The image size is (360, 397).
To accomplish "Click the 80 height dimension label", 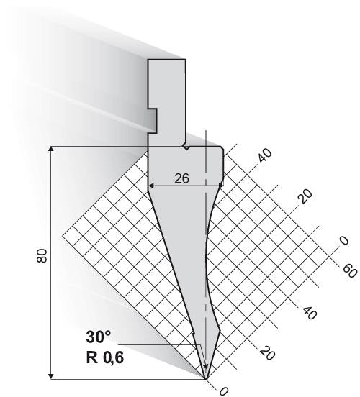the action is pos(42,256).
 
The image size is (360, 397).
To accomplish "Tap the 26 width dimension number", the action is pos(181,178).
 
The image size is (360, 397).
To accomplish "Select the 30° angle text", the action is pos(99,337).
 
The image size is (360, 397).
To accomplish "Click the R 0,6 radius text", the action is pos(105,357).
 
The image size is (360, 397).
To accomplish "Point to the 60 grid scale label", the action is pos(350,270).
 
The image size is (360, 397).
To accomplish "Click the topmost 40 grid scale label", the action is pos(265,155).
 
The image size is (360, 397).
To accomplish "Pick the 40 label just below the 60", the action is pos(310,312).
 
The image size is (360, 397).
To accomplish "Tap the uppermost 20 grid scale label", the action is pos(305,196).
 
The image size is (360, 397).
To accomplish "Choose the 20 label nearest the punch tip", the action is pos(267,353).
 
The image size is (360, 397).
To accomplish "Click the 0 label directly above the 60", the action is pos(343,240).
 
